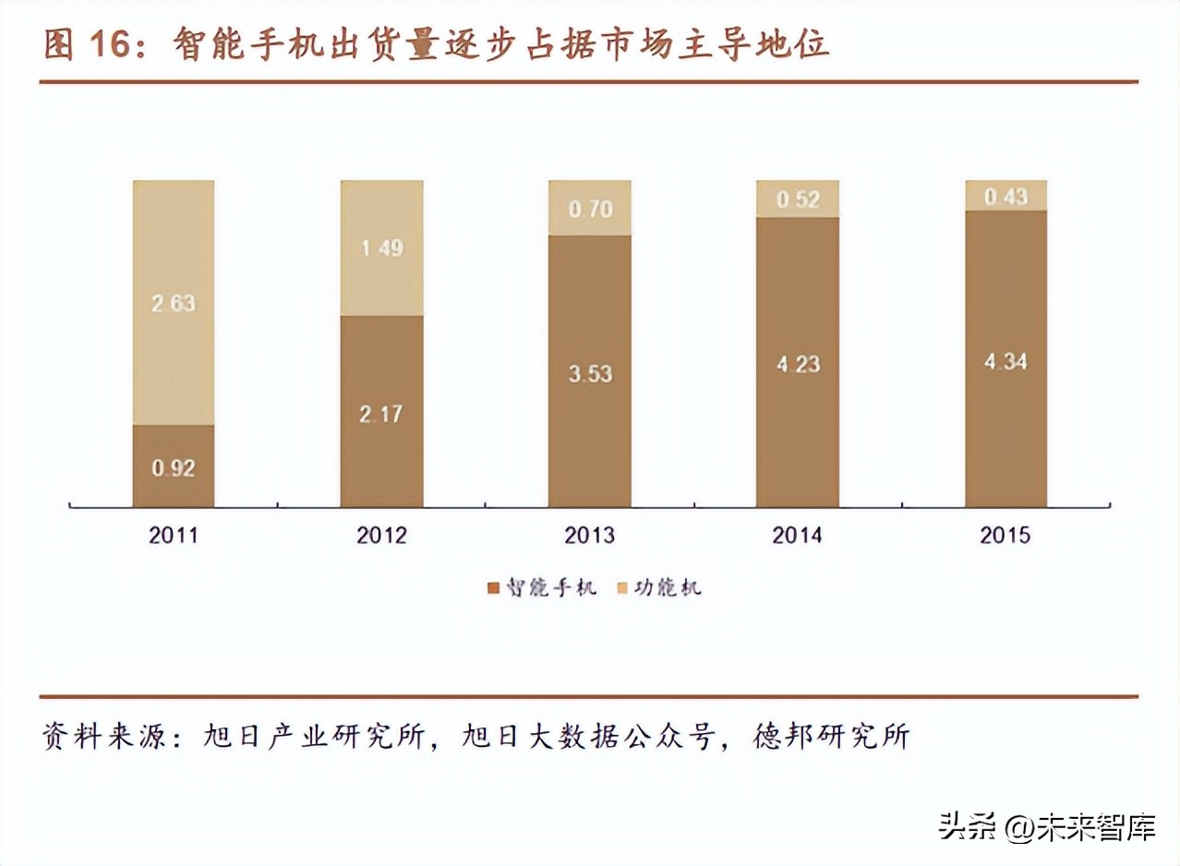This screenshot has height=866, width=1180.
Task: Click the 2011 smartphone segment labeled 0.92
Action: click(174, 466)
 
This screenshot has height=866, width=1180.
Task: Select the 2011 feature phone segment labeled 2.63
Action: click(174, 303)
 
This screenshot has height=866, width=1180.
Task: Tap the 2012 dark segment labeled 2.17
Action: click(381, 412)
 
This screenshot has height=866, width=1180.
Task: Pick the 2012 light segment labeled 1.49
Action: click(381, 247)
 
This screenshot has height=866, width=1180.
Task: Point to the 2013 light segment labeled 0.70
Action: click(589, 208)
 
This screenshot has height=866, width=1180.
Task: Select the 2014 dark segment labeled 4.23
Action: click(797, 362)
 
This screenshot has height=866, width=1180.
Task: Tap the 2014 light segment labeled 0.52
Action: click(797, 198)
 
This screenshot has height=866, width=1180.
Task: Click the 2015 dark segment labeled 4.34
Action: click(1005, 359)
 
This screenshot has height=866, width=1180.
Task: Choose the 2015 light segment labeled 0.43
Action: click(1005, 196)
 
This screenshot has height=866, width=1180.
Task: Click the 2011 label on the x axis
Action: click(174, 535)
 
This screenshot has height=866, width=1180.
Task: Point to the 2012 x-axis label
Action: click(381, 535)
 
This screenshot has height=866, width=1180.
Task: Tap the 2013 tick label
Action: click(589, 535)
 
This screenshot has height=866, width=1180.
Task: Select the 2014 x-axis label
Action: click(797, 535)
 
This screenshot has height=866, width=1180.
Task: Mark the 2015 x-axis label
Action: click(1005, 535)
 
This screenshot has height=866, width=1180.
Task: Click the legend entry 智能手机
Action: click(541, 587)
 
